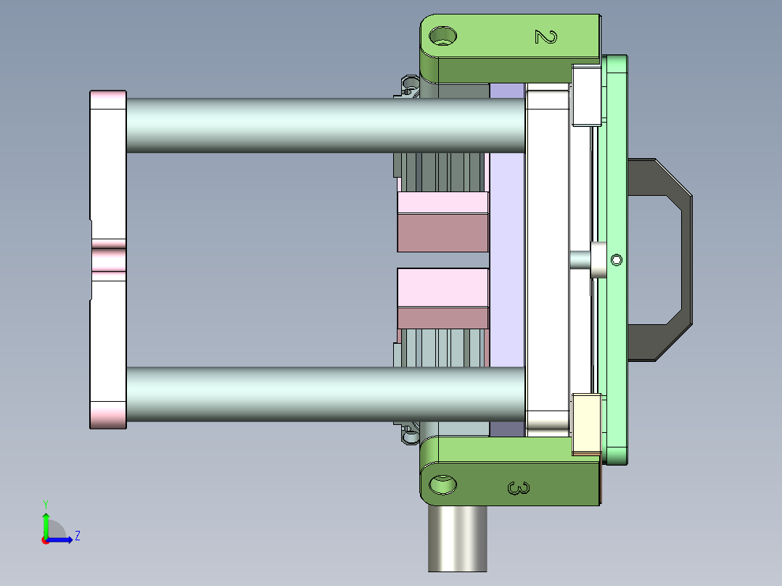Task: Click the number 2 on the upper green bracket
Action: coord(545,36)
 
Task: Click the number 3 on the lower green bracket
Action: coord(518,489)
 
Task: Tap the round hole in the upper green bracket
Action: coord(443,35)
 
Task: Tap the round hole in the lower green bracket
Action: coord(443,484)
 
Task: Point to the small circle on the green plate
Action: coord(617,260)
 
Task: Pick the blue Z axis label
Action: coord(77,536)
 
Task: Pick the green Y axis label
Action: coord(45,503)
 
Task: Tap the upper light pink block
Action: coord(443,202)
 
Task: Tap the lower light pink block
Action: coord(443,288)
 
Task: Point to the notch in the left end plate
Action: coord(109,260)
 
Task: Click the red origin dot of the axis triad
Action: coord(46,540)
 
